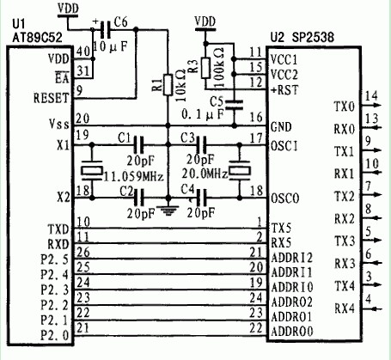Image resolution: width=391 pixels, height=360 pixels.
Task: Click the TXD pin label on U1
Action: point(57,231)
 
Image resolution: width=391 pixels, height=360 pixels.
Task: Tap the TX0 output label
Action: point(343,107)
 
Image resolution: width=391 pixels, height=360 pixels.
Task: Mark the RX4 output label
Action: point(343,308)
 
